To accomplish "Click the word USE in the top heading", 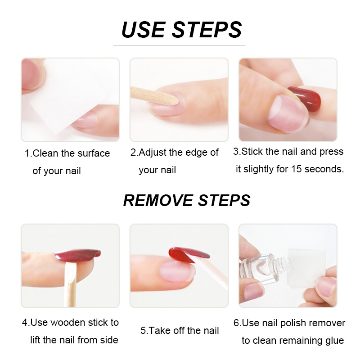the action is click(x=143, y=29).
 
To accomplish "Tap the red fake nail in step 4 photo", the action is click(x=77, y=255).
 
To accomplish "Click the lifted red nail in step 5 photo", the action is click(x=188, y=254).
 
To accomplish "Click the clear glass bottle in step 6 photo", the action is click(x=265, y=269).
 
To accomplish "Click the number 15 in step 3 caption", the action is click(x=296, y=169).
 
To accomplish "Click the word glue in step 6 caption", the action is click(x=335, y=340).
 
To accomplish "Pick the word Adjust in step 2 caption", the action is click(x=152, y=153).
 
